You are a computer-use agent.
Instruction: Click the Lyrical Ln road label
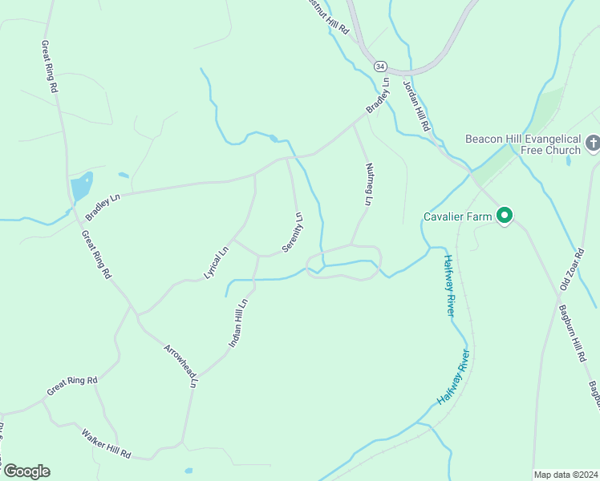pos(217,261)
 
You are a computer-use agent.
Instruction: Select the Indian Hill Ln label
pos(239,322)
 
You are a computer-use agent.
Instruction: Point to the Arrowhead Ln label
pos(180,366)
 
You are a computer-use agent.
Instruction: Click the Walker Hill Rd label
pos(106,443)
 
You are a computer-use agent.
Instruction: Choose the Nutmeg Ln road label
pos(369,184)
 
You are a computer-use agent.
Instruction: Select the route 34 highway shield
pos(380,66)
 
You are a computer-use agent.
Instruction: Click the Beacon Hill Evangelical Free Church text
pos(522,144)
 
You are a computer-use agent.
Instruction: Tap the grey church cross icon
pos(592,143)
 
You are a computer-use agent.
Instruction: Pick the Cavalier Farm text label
pos(457,216)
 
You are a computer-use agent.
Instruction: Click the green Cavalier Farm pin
pos(505,215)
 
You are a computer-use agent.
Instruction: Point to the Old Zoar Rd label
pos(570,270)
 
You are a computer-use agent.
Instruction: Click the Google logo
pos(26,471)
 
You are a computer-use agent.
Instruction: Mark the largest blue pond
pos(81,188)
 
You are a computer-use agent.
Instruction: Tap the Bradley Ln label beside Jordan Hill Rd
pos(378,95)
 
